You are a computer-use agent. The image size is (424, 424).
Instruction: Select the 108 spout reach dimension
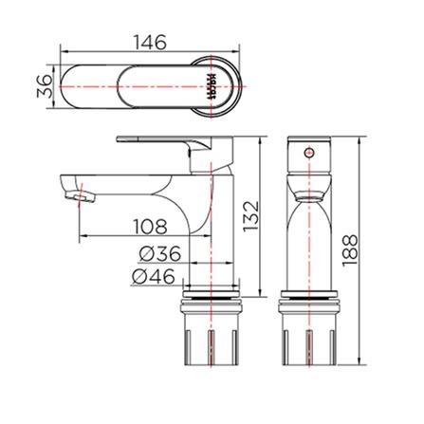tap(149, 227)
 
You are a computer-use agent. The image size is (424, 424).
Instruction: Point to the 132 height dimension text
tap(249, 216)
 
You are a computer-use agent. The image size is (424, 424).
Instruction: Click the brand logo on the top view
tap(209, 88)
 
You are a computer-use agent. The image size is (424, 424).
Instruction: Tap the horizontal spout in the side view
tap(123, 181)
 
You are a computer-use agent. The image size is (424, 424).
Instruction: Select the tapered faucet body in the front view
tap(307, 237)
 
